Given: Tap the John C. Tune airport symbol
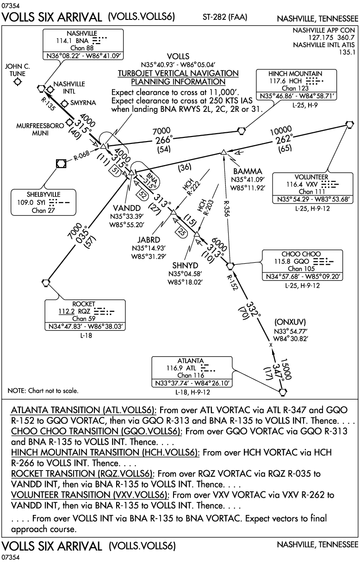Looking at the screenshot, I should click(x=18, y=82).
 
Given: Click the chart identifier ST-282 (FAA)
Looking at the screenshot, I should click(x=225, y=18).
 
